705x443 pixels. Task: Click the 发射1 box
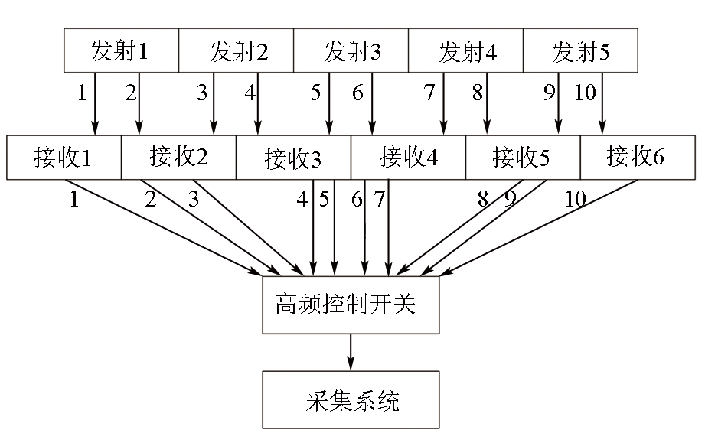(x=122, y=50)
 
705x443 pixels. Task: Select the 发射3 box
(x=351, y=50)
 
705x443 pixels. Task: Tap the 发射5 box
(x=580, y=50)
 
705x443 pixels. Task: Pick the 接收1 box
(x=64, y=158)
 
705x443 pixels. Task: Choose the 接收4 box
(x=408, y=158)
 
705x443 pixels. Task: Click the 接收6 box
(x=638, y=158)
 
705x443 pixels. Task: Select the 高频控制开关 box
(x=351, y=305)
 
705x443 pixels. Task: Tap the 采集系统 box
(x=351, y=399)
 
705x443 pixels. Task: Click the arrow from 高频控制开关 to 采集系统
(x=351, y=352)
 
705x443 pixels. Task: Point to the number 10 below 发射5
(x=585, y=93)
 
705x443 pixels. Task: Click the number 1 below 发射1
(x=82, y=93)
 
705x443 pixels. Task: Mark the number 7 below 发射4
(x=429, y=93)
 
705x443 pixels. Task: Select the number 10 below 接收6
(x=576, y=199)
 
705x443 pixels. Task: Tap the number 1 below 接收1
(x=75, y=199)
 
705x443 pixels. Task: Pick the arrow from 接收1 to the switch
(x=164, y=227)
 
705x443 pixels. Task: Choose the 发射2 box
(x=236, y=50)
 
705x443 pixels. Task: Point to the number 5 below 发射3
(x=315, y=93)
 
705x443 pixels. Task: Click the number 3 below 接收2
(x=194, y=199)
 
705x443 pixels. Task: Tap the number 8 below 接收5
(x=483, y=199)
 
